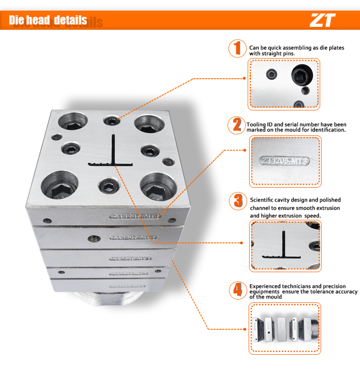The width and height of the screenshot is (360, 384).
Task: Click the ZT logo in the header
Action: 322,20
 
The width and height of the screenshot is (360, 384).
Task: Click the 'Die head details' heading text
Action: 48,20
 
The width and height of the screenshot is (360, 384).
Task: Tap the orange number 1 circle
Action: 237,48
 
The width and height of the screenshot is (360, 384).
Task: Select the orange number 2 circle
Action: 237,125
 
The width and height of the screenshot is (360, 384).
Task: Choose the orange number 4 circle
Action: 237,289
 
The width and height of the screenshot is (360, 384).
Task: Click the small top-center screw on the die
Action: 112,121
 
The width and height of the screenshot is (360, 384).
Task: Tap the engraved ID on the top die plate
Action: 136,216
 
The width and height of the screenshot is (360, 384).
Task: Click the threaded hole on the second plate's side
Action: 92,237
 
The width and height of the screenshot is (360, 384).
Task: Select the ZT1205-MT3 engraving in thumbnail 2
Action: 283,161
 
